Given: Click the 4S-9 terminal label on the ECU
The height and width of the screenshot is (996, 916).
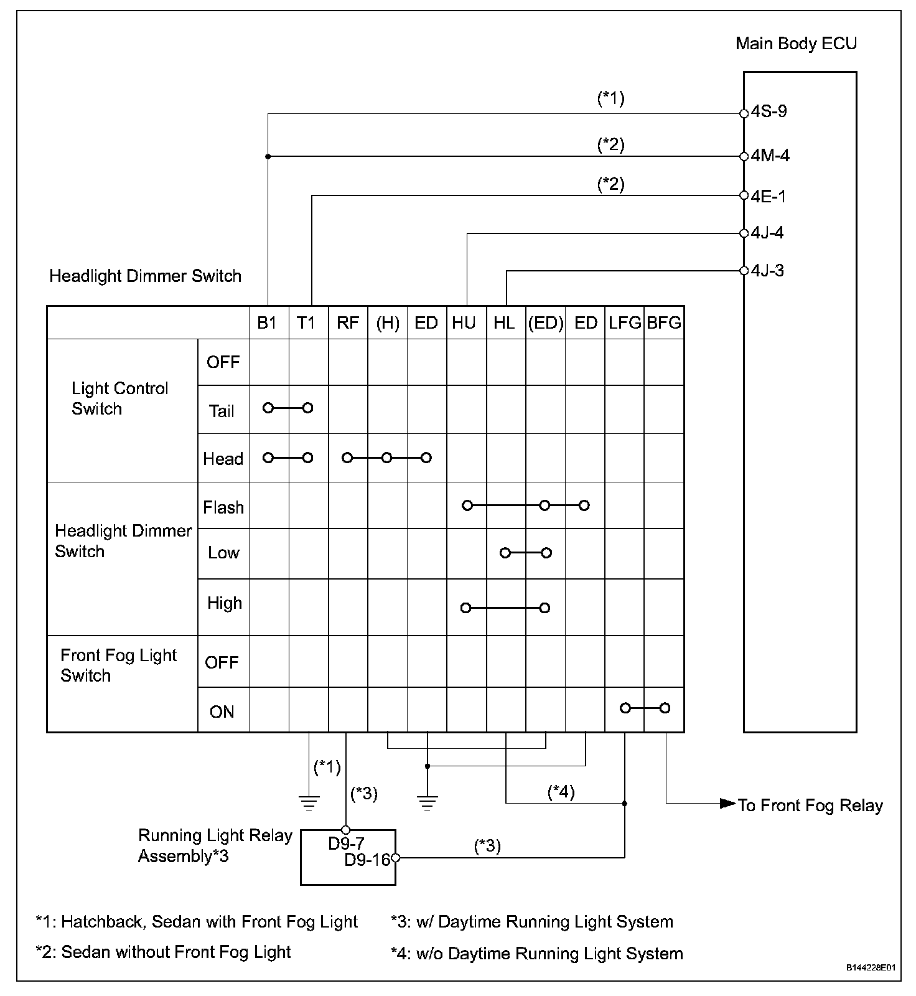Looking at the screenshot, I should tap(769, 111).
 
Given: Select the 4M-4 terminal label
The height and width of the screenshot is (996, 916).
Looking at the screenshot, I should tap(770, 155).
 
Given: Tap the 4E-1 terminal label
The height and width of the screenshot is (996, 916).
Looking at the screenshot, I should tap(768, 196).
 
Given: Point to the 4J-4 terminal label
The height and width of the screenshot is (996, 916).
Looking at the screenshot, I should tap(767, 233).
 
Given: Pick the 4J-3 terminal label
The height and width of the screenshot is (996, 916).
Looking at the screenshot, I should tap(767, 270).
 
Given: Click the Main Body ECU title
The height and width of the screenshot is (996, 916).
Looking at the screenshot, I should tap(796, 44).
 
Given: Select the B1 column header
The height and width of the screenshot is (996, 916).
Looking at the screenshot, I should tap(267, 322).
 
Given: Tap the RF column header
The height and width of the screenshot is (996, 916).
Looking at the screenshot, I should tap(348, 322).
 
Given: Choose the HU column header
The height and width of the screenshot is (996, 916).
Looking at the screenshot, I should tap(464, 322).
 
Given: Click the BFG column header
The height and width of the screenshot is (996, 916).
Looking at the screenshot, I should tap(664, 322).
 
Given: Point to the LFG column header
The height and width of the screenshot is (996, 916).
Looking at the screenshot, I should tap(625, 322).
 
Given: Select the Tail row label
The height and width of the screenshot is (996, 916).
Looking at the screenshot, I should tap(222, 411).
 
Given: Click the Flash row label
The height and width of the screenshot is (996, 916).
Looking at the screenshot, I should tap(223, 507).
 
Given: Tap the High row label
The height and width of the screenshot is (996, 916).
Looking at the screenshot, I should tap(224, 603).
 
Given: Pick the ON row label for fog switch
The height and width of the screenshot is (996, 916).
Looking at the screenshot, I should tap(222, 712).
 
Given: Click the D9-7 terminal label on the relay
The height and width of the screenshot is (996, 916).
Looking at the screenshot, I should tap(346, 843).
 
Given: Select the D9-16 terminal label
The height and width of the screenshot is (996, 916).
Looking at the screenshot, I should tap(367, 860).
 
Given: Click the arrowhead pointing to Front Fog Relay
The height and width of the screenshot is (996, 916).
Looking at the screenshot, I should tap(727, 803).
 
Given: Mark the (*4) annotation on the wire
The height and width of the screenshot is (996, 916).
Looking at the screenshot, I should tap(561, 792).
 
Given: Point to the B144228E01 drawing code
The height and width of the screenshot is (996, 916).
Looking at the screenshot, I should tap(870, 968).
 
